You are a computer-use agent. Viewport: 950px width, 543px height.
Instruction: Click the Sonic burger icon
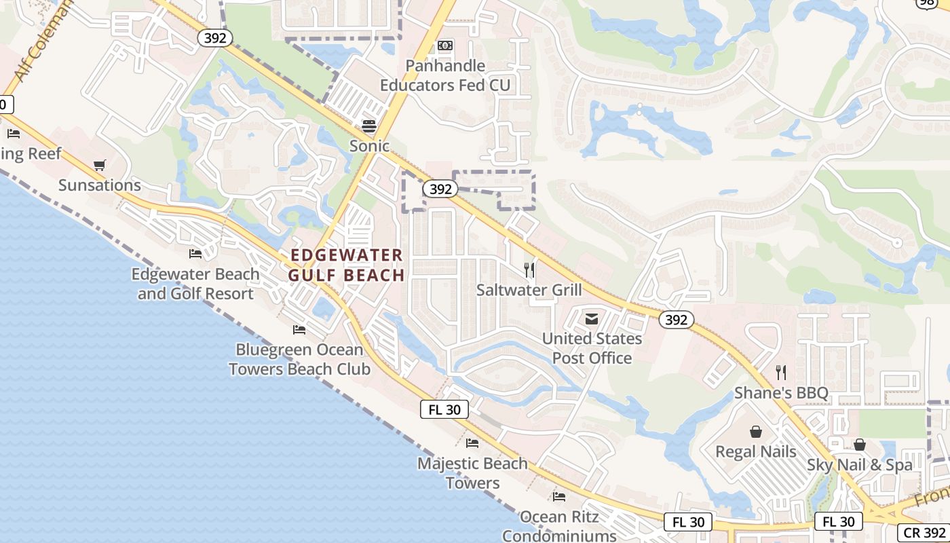[369, 126]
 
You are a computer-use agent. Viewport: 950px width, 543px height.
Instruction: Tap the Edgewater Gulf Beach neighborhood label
[346, 265]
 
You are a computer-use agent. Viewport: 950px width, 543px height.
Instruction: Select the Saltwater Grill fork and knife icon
[529, 270]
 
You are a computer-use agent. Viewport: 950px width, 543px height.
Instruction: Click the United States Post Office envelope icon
[592, 318]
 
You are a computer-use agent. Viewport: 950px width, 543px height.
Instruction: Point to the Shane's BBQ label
[781, 393]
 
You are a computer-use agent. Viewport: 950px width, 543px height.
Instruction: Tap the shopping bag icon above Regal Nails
[755, 432]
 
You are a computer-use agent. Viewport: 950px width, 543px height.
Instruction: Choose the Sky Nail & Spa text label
[860, 465]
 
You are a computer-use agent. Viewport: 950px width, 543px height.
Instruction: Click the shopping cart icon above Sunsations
[100, 165]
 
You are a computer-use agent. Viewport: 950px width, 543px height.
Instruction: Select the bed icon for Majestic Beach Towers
[472, 443]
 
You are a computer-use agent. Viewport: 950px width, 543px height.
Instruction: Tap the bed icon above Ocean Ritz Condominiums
[559, 497]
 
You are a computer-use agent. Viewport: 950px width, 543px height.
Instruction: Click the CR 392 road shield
[924, 533]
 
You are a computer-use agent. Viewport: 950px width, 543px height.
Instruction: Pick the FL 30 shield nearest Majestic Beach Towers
[444, 409]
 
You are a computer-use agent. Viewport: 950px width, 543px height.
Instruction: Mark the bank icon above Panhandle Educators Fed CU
[445, 45]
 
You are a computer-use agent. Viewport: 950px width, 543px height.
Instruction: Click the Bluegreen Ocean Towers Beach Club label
[299, 360]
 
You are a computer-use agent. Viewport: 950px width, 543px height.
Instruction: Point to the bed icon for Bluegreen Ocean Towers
[299, 330]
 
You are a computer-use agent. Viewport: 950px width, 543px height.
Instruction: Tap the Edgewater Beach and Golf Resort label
[195, 284]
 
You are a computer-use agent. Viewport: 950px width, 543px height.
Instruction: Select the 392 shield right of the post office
[676, 320]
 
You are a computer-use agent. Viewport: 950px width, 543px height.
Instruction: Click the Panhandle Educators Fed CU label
[445, 75]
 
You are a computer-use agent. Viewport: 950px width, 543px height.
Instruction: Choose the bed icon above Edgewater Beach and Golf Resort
[195, 254]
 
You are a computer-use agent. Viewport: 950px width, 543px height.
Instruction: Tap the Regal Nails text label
[756, 451]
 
